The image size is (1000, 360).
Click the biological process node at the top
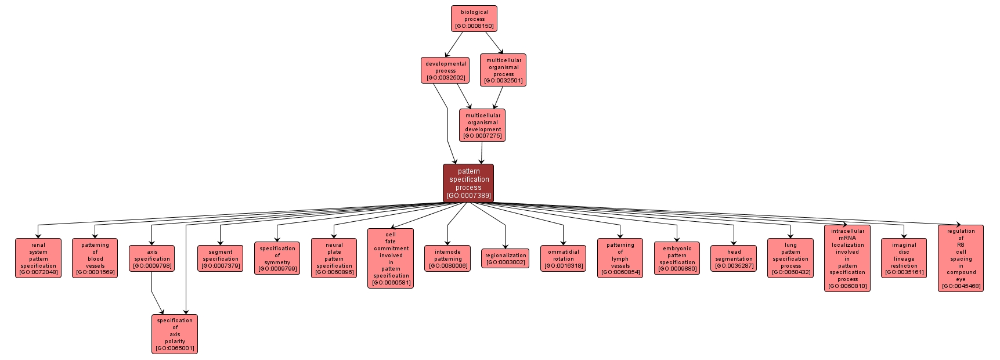474,19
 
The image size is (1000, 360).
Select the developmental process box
445,70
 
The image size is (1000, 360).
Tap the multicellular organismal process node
503,70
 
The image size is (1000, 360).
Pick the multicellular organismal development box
482,125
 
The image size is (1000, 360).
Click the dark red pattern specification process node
468,183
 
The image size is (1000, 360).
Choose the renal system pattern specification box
38,258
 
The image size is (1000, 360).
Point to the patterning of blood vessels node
95,258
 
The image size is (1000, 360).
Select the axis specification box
152,258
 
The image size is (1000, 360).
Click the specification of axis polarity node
175,334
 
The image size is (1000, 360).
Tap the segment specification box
220,258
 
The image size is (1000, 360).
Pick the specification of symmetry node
277,258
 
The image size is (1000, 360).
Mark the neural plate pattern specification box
334,258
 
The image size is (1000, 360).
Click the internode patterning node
447,258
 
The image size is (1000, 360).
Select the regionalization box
505,258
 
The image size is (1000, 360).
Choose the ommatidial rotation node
563,258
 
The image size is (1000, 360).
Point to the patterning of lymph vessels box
620,258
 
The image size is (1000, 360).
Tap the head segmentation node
734,258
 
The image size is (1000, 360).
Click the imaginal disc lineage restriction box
904,258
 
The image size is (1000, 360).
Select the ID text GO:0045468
961,286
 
